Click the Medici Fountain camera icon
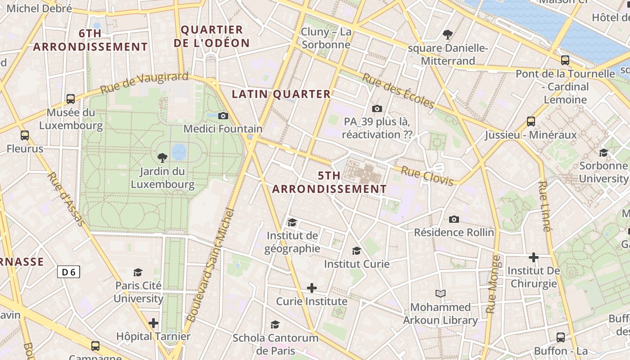(x=223, y=116)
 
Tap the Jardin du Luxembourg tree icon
(x=162, y=157)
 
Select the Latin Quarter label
(x=281, y=94)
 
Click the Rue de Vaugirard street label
(x=144, y=83)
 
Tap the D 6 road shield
(x=69, y=272)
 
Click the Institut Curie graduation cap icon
(x=356, y=251)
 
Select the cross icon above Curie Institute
(x=311, y=288)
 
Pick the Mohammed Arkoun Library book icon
(x=440, y=294)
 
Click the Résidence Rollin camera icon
(x=454, y=219)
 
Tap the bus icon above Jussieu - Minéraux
(x=531, y=121)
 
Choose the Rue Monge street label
(x=493, y=284)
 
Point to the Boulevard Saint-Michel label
(x=211, y=265)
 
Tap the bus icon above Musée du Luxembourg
(x=71, y=99)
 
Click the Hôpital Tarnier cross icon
(x=153, y=323)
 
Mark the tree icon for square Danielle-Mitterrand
(x=448, y=34)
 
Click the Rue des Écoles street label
(x=399, y=91)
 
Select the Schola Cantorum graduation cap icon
(x=275, y=324)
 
